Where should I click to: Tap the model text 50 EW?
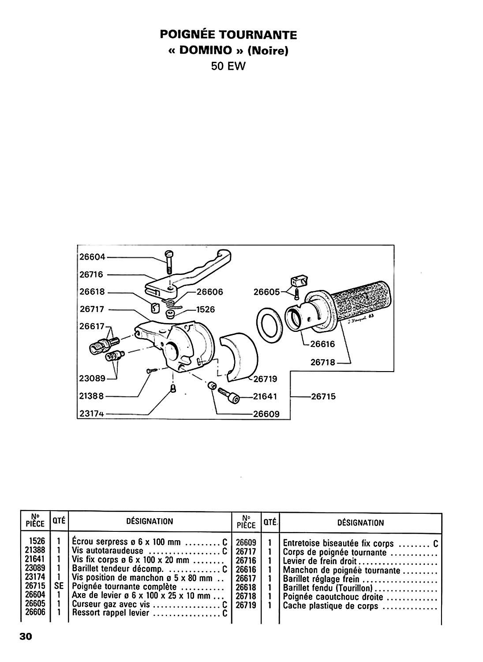pyautogui.click(x=228, y=66)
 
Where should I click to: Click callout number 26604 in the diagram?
pyautogui.click(x=92, y=257)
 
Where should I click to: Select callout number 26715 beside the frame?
pyautogui.click(x=323, y=396)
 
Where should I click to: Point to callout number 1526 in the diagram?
pyautogui.click(x=206, y=309)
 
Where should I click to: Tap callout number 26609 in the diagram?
pyautogui.click(x=266, y=414)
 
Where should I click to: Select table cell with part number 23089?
pyautogui.click(x=35, y=568)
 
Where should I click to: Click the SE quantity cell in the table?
pyautogui.click(x=59, y=586)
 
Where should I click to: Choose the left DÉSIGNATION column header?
pyautogui.click(x=150, y=521)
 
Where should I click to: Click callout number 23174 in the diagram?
pyautogui.click(x=92, y=414)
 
